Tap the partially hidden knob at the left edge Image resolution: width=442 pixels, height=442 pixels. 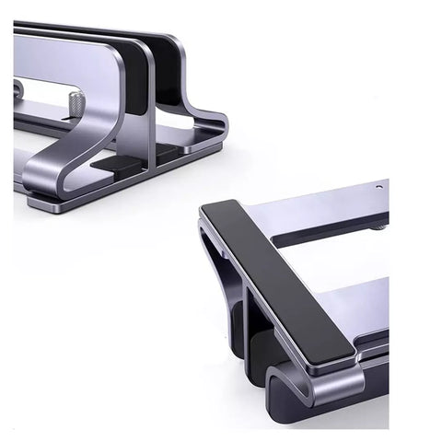[17, 90]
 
